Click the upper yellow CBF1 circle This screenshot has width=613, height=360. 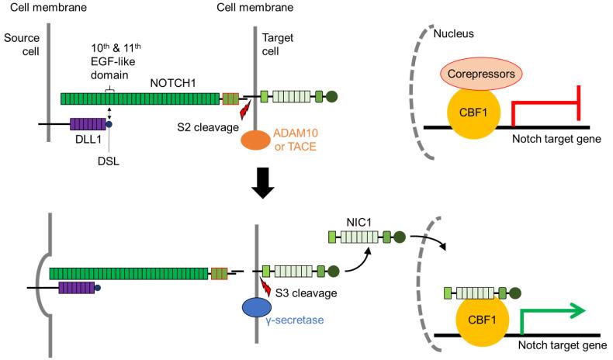coord(473,111)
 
